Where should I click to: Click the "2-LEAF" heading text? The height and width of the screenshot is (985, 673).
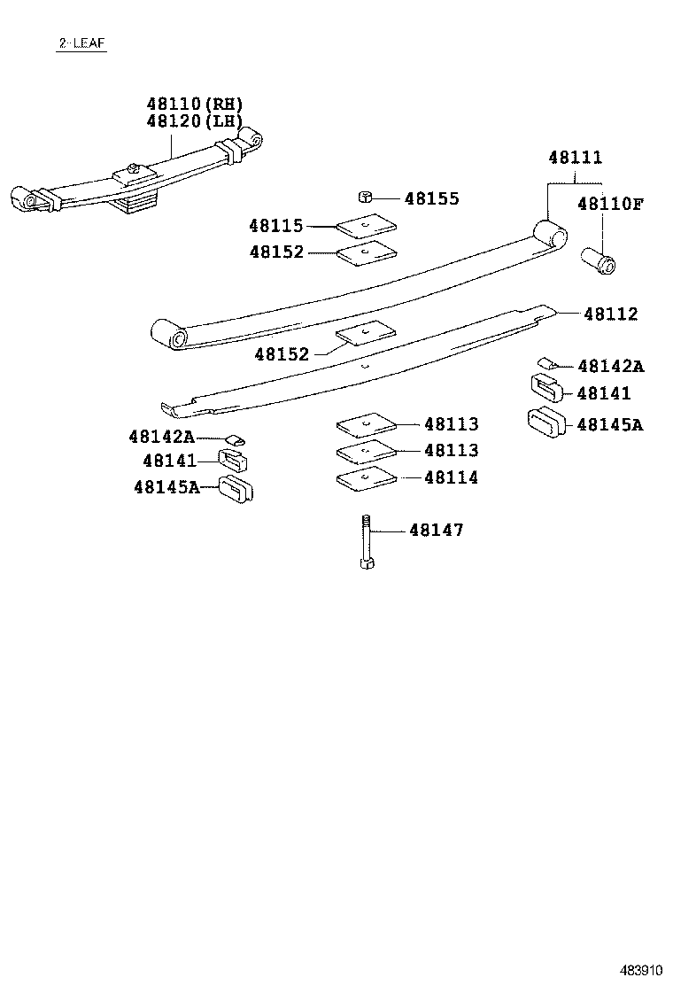coord(81,43)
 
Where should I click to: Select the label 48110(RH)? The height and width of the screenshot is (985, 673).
coord(194,105)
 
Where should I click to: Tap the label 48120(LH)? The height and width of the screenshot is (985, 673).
coord(194,121)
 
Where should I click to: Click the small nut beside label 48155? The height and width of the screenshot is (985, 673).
coord(364,197)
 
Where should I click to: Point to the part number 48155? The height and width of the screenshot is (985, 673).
coord(431,198)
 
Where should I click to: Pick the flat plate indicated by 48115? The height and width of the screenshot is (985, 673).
coord(367,228)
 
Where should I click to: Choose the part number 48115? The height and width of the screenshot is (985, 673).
coord(275,227)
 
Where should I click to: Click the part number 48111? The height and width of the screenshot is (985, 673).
coord(575,158)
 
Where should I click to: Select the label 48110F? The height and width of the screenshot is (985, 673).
coord(609,204)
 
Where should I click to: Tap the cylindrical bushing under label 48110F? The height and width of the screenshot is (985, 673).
coord(600,261)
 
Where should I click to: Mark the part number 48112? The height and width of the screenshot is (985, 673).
coord(609,314)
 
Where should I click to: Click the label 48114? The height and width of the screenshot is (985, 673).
coord(451,477)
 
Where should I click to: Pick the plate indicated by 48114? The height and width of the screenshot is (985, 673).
coord(367,479)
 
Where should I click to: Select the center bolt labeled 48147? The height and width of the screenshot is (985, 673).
coord(366,541)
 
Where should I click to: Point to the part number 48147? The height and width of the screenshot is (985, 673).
coord(436,531)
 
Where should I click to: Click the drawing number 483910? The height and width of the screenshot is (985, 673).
coord(639,968)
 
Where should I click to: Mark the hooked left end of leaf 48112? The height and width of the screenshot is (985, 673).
coord(170,408)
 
